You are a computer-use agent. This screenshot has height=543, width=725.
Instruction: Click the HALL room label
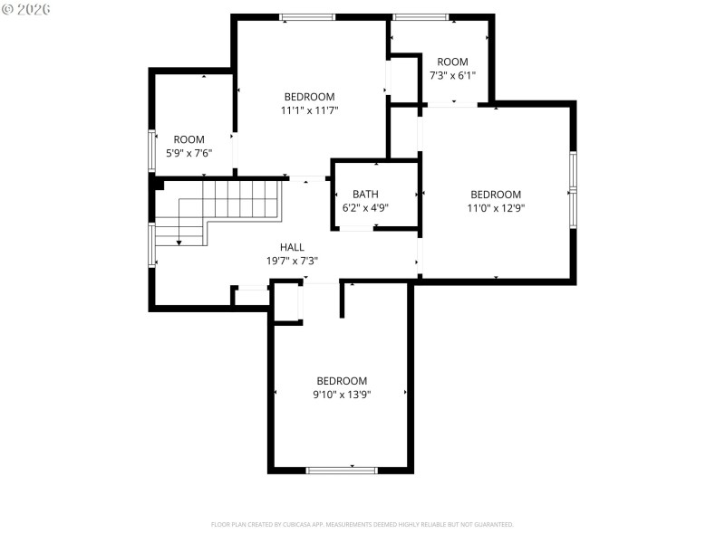292,247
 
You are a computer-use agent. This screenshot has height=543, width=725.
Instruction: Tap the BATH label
366,194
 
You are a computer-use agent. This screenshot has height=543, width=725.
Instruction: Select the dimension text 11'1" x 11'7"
310,110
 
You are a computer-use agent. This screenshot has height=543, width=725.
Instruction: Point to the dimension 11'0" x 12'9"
496,208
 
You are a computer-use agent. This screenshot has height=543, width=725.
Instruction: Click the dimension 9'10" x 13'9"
342,395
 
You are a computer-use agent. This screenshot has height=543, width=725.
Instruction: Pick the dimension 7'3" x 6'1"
452,76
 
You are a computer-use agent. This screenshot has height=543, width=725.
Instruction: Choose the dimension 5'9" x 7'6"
188,153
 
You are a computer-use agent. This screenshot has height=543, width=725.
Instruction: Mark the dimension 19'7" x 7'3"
292,261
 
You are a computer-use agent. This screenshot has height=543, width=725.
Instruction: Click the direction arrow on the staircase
179,241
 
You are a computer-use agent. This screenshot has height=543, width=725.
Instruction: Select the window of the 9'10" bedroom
342,470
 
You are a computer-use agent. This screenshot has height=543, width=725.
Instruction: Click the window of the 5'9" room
151,151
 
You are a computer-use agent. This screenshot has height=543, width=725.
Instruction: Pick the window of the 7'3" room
420,16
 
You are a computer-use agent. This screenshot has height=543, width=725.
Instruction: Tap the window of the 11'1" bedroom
307,16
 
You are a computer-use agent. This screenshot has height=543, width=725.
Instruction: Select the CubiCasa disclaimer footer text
362,524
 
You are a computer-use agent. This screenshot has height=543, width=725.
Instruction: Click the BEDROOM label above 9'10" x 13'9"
342,381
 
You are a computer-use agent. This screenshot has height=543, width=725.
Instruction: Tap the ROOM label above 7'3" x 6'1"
452,62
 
